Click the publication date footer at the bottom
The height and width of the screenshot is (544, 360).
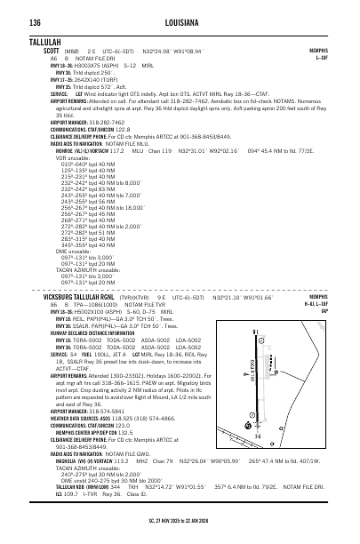pos(180,535)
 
